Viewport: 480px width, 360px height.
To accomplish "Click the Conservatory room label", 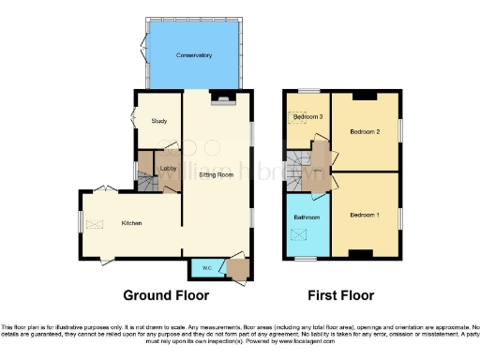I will tap(194, 56).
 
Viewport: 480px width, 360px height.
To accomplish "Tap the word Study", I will tap(158, 120).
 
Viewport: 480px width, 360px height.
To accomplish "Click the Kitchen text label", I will tap(131, 223).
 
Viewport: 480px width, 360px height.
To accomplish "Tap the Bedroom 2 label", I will tap(364, 132).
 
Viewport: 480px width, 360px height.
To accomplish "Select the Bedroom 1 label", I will tap(365, 215).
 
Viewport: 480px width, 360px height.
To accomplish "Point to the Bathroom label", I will tap(307, 217).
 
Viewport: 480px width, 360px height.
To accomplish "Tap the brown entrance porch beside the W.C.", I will tap(238, 269).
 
